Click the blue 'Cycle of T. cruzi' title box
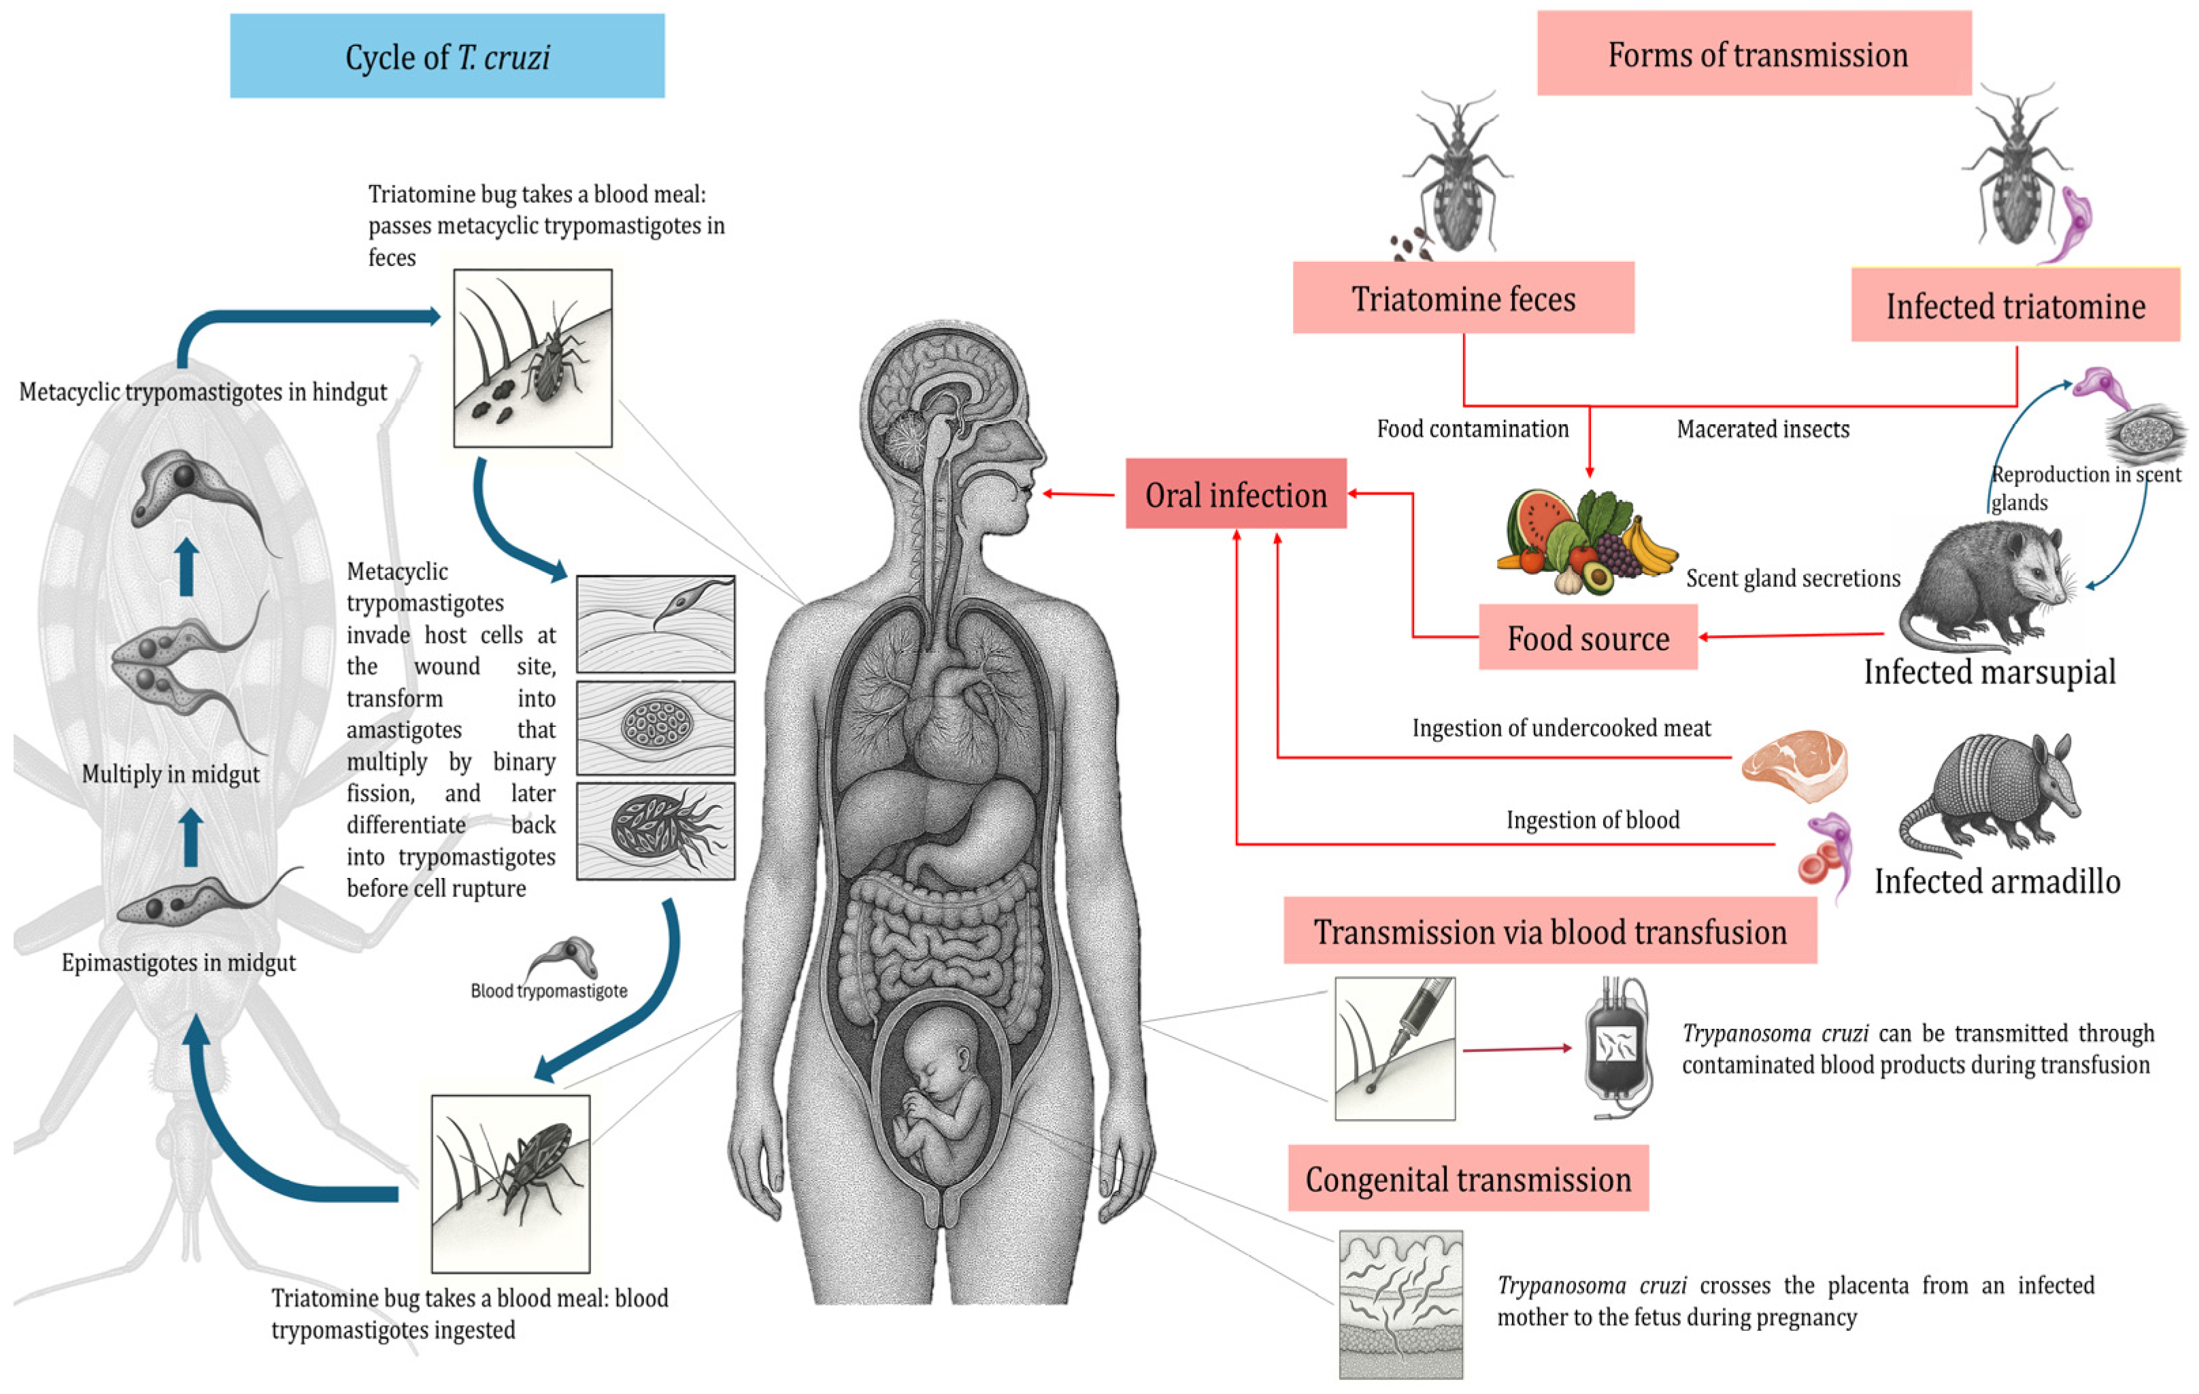pos(447,56)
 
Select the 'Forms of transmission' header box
pos(1753,54)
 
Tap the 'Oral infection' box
pos(1236,494)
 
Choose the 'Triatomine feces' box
pos(1463,298)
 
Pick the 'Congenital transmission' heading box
pos(1468,1178)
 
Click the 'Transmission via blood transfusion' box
pos(1549,931)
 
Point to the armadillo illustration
pos(1991,794)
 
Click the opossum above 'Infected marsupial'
pos(1991,584)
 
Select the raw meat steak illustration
pos(1794,764)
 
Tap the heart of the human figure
pos(950,721)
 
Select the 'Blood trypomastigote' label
pos(549,991)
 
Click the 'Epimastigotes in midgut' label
pos(178,962)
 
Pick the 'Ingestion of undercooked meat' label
pos(1561,728)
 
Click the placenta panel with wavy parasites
pos(1400,1303)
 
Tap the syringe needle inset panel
pos(1394,1048)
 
